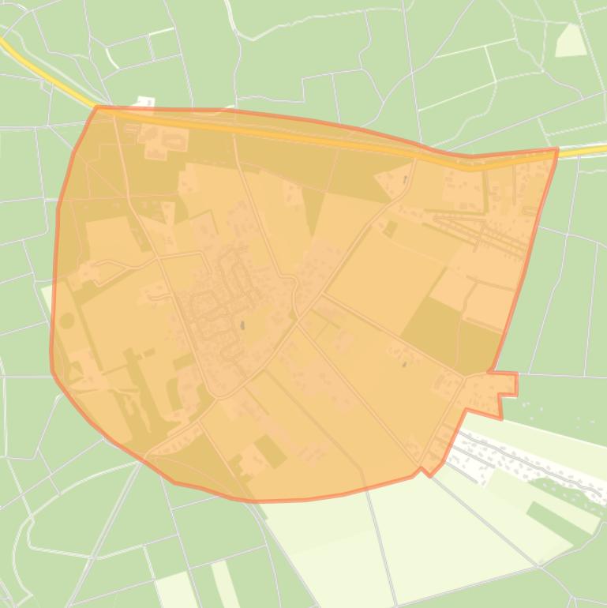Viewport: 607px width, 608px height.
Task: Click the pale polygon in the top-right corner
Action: (571, 40)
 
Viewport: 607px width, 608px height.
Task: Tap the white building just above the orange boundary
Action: (144, 102)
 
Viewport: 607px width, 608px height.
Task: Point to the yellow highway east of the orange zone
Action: (584, 149)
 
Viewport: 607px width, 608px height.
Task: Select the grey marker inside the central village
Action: (242, 325)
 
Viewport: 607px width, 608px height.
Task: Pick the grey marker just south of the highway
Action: (405, 180)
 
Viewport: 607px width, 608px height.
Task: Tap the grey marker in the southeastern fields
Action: (404, 364)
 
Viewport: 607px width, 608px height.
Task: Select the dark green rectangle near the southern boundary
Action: (270, 451)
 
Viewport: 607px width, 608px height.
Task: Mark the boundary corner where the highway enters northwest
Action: (96, 108)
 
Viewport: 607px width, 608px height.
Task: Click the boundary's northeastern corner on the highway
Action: (556, 149)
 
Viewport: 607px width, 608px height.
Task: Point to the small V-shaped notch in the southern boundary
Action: (427, 471)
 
